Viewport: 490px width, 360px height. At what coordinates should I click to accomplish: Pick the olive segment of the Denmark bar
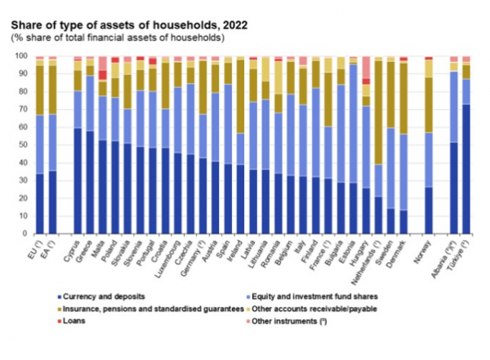click(x=403, y=98)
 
